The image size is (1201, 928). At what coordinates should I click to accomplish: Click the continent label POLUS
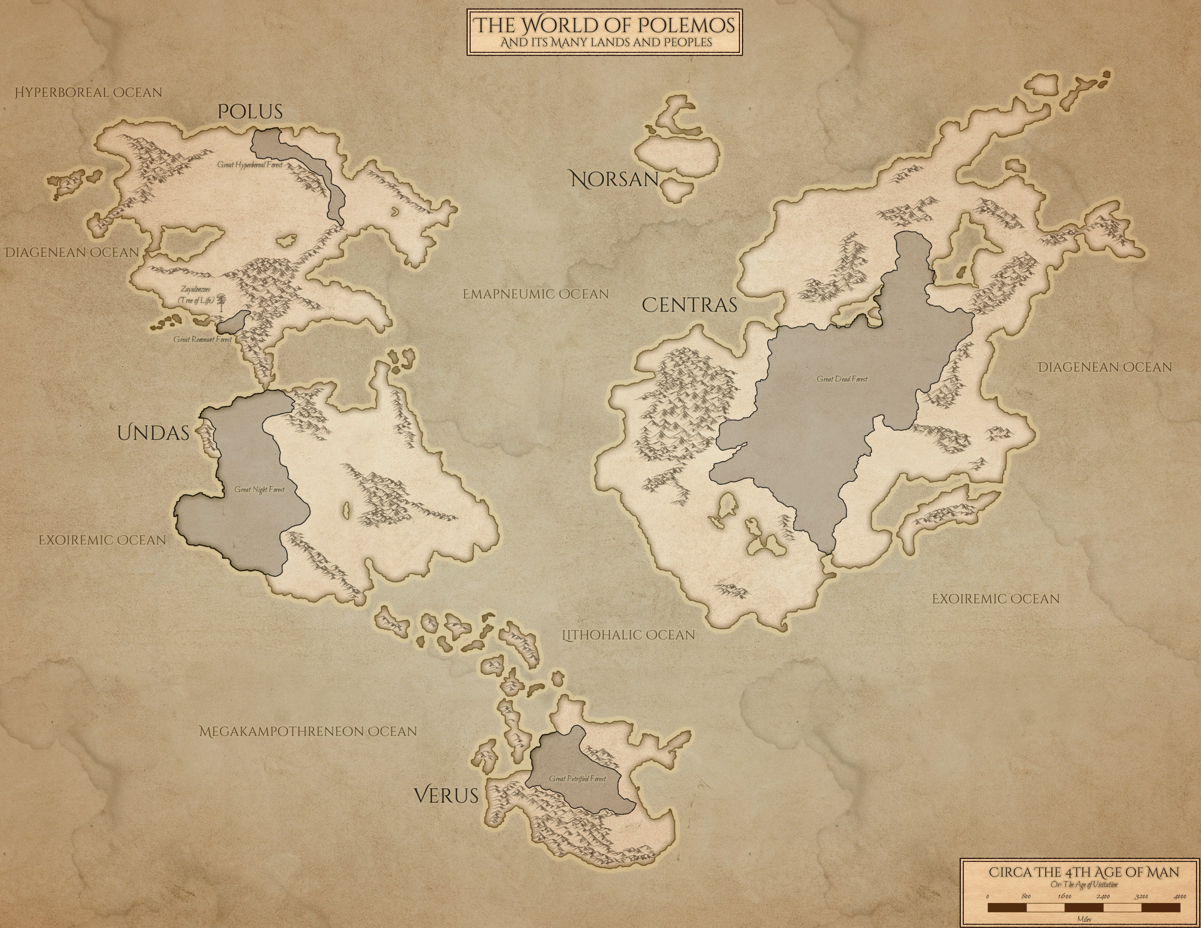click(250, 112)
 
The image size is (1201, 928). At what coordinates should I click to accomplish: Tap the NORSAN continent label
click(614, 179)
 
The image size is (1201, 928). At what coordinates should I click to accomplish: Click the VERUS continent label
click(446, 796)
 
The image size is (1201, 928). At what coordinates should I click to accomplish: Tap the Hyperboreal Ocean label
click(88, 92)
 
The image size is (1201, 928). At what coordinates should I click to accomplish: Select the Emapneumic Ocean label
click(536, 294)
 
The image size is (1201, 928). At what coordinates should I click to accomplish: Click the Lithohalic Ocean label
click(629, 635)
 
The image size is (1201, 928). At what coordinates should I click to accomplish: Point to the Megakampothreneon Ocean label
click(308, 732)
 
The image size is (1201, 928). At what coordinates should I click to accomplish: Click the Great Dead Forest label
click(842, 379)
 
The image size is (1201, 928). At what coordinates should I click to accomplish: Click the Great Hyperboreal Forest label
click(250, 164)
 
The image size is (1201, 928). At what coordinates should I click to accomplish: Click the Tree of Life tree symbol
click(222, 301)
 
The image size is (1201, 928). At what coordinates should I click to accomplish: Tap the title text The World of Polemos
click(605, 25)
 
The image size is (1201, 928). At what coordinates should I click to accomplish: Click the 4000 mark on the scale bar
click(1179, 897)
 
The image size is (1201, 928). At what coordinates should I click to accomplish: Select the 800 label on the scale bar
click(1026, 897)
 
